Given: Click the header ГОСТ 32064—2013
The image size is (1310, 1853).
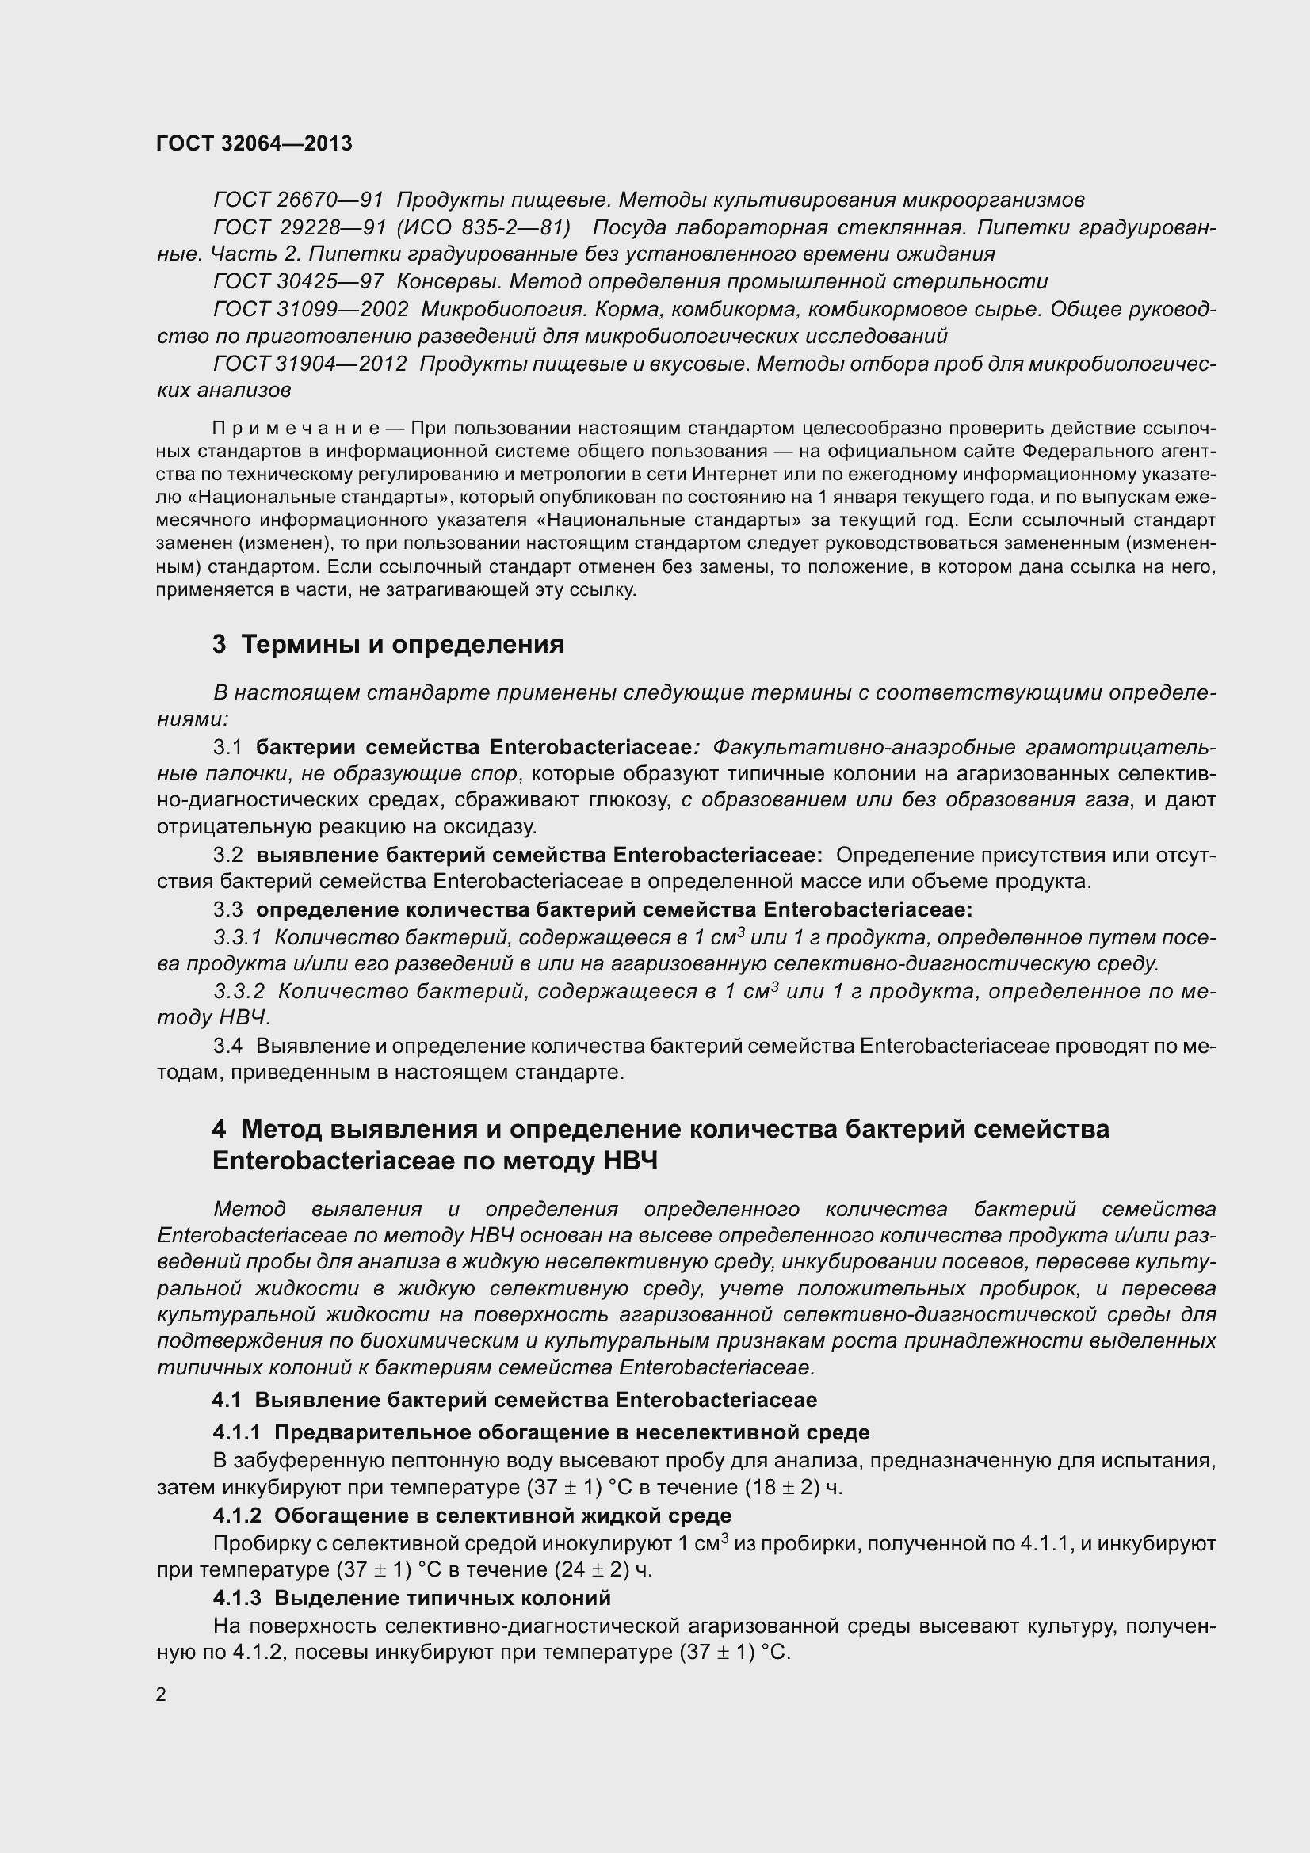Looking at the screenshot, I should coord(254,143).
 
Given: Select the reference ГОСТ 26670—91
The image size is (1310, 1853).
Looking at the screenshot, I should coord(298,200).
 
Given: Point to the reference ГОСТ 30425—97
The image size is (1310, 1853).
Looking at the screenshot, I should coord(298,282).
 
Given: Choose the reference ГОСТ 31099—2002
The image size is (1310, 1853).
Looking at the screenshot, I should coord(310,310).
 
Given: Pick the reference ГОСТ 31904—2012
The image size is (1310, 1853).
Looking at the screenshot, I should coord(310,364).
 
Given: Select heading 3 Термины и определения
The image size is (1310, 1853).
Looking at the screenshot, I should coord(388,644).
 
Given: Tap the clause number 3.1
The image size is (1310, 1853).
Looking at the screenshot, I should coord(227,747).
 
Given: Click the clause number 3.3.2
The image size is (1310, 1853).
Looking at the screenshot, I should coord(239,991).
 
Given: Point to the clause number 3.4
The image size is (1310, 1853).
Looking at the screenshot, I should coord(227,1046).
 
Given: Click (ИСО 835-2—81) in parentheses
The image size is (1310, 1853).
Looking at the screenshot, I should coord(483,227).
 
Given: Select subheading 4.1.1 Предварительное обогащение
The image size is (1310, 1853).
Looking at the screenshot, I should coord(540,1432).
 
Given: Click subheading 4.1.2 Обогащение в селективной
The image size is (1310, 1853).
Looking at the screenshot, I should coord(472,1515).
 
